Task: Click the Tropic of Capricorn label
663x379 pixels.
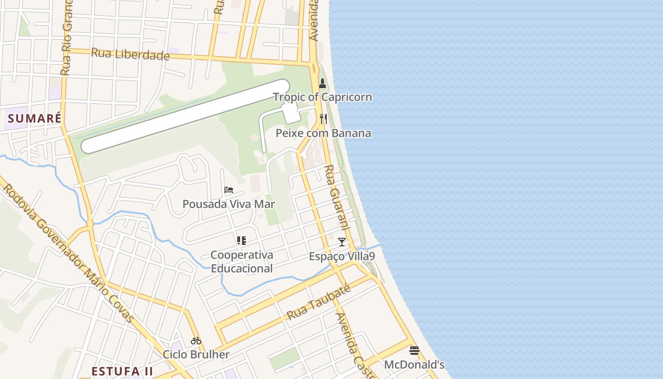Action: click(323, 97)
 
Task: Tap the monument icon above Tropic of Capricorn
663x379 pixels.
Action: click(323, 84)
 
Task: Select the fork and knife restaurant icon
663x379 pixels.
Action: click(323, 118)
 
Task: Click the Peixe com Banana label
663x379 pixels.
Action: click(323, 133)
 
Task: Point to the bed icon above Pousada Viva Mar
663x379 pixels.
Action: click(229, 190)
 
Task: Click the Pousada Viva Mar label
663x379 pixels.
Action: click(229, 204)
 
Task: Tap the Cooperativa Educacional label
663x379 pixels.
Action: click(242, 262)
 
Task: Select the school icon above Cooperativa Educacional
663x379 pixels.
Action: click(242, 241)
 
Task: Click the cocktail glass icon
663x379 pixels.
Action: click(342, 242)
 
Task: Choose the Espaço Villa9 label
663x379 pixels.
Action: click(342, 256)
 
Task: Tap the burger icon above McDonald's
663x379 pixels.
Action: click(414, 351)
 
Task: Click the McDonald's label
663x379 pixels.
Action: click(414, 365)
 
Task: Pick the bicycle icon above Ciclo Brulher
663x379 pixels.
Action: click(196, 340)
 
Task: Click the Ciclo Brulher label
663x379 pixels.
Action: click(196, 354)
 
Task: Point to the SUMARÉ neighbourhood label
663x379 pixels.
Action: click(35, 118)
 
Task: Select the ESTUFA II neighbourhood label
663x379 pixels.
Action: click(122, 371)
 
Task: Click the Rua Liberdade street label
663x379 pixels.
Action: click(130, 54)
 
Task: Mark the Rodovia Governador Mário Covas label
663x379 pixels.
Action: click(69, 253)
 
